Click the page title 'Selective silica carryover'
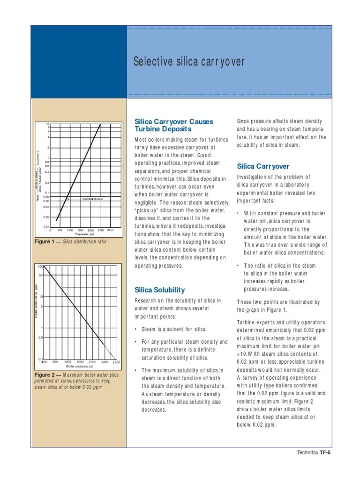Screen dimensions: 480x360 [x=189, y=62]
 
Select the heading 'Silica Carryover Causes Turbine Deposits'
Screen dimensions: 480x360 [x=173, y=125]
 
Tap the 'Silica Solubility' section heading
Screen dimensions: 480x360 [x=159, y=290]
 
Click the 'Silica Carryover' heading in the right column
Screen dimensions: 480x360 [x=263, y=166]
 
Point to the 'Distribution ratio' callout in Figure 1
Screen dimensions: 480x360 [x=92, y=199]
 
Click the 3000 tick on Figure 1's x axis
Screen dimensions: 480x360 [x=111, y=230]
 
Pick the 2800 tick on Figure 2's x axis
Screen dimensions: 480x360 [x=116, y=362]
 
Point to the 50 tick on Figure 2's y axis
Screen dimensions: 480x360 [x=41, y=275]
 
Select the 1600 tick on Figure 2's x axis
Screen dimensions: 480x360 [x=80, y=362]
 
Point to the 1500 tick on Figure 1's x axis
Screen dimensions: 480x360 [x=81, y=230]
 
